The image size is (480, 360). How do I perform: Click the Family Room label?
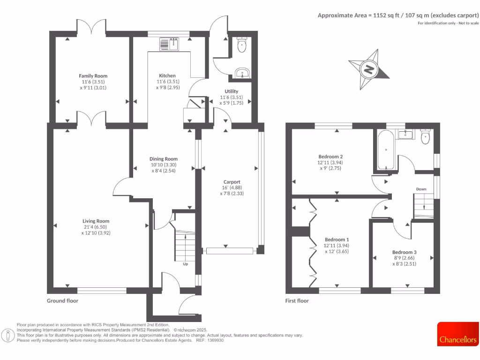pyautogui.click(x=93, y=76)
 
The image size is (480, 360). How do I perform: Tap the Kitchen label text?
pyautogui.click(x=167, y=75)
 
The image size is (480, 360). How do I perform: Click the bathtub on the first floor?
pyautogui.click(x=385, y=150)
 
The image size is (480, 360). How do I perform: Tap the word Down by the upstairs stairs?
pyautogui.click(x=421, y=189)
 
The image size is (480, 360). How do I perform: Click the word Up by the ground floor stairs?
pyautogui.click(x=186, y=264)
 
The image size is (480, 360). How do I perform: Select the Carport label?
pyautogui.click(x=232, y=182)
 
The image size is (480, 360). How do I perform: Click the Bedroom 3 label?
pyautogui.click(x=404, y=252)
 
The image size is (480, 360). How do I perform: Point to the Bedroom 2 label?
pyautogui.click(x=330, y=157)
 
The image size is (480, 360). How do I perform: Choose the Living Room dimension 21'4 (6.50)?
pyautogui.click(x=96, y=227)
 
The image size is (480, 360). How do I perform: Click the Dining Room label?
pyautogui.click(x=164, y=159)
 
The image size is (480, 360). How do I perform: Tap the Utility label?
pyautogui.click(x=232, y=91)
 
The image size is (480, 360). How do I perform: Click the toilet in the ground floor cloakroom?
pyautogui.click(x=242, y=45)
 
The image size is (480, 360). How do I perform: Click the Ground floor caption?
pyautogui.click(x=62, y=301)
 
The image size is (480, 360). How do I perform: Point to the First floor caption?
pyautogui.click(x=297, y=301)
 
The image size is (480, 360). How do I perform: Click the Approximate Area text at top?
pyautogui.click(x=398, y=15)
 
